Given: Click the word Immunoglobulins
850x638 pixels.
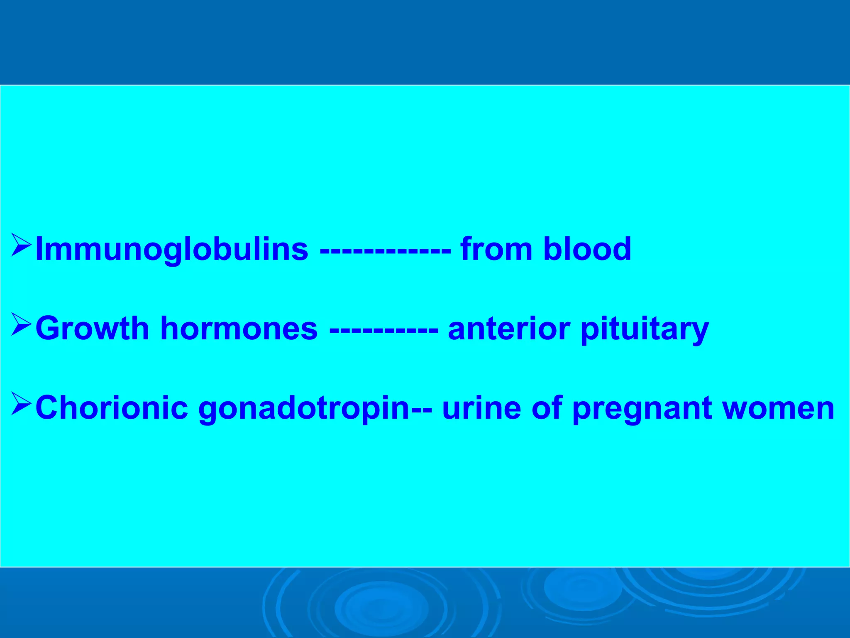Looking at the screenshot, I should click(172, 249).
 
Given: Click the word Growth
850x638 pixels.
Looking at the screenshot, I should click(92, 328).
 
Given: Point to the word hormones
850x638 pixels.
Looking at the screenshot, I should click(239, 328).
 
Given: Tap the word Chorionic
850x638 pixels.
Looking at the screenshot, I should click(111, 408).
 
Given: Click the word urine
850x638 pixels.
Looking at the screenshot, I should click(481, 408).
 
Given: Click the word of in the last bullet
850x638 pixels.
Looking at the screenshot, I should click(546, 408).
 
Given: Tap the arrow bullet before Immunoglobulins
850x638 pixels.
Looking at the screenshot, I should click(21, 245).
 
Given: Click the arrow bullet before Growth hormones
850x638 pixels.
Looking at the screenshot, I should click(21, 325).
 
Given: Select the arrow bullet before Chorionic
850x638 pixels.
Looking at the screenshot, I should click(21, 404).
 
